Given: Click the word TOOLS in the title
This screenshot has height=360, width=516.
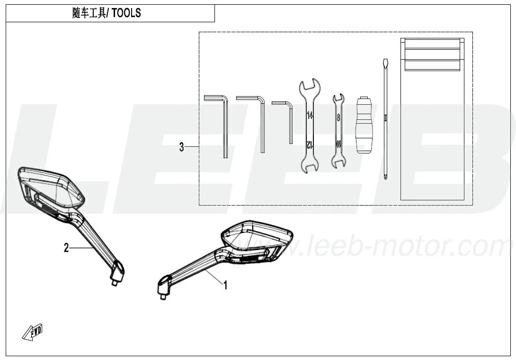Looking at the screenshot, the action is [126, 13].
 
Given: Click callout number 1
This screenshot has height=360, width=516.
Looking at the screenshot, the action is [225, 285].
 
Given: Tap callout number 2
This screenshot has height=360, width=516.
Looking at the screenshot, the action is [66, 248].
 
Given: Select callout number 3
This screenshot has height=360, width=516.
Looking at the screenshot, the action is [181, 147].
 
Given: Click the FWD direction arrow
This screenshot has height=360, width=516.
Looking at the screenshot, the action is [33, 332].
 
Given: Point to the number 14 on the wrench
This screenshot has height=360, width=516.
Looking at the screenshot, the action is [310, 115].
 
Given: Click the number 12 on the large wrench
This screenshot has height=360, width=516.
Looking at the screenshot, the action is [309, 144].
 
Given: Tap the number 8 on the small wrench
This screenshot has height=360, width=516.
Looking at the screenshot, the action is [338, 117].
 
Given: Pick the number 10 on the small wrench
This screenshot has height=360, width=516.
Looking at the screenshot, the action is [338, 144].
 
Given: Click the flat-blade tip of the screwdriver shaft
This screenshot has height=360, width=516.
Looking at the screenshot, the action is [384, 63].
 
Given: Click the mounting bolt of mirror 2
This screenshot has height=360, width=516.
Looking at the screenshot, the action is [115, 283].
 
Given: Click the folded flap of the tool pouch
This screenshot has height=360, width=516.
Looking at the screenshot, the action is [432, 54].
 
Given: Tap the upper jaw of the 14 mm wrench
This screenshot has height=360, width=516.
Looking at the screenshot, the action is [309, 86].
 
